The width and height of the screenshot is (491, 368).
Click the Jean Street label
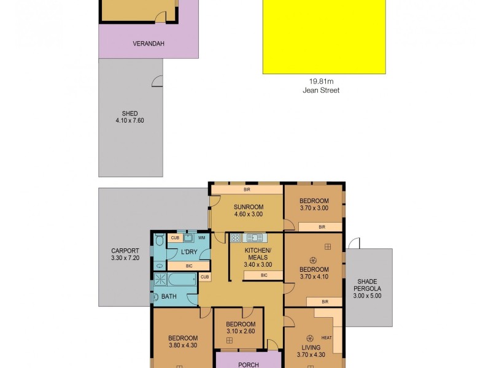pos(321,90)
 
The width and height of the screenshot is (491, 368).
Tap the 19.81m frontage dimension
pos(321,80)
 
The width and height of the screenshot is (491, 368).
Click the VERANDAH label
pos(148,44)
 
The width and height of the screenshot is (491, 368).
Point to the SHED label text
pos(130,113)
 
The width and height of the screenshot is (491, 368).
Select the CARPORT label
pos(125,250)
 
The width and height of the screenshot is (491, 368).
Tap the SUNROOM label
pos(248,207)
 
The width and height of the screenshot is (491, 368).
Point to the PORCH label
pos(249,364)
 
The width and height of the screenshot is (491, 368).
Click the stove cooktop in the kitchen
pos(236,238)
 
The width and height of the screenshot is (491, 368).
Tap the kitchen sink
pos(255,238)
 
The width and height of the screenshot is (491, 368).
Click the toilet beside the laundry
pos(158,241)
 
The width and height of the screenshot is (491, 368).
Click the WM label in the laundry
pos(201,237)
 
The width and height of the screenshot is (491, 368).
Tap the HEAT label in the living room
pos(326,338)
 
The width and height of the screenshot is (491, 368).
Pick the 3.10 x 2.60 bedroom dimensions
pos(240,332)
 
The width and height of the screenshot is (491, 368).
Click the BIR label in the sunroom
pos(246,190)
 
